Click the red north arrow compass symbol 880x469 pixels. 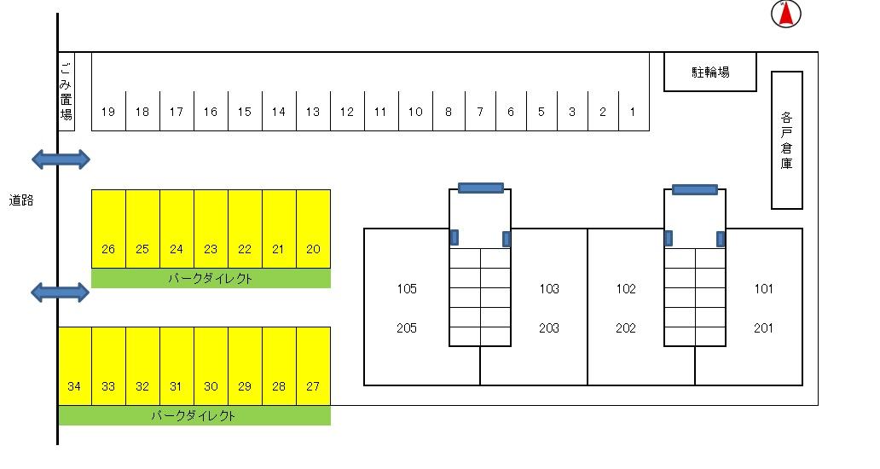pyautogui.click(x=786, y=14)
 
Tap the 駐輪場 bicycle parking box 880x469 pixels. pyautogui.click(x=709, y=72)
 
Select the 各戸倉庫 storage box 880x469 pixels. pyautogui.click(x=786, y=140)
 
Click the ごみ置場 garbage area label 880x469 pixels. pyautogui.click(x=67, y=91)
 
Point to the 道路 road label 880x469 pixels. pyautogui.click(x=21, y=201)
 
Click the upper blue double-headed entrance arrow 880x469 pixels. pyautogui.click(x=61, y=159)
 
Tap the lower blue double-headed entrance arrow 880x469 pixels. pyautogui.click(x=61, y=292)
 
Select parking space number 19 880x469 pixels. pyautogui.click(x=108, y=111)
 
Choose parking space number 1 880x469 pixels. pyautogui.click(x=633, y=111)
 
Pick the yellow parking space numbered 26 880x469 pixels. pyautogui.click(x=108, y=229)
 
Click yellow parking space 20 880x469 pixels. pyautogui.click(x=313, y=229)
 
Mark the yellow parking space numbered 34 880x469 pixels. pyautogui.click(x=74, y=366)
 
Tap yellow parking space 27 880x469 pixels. pyautogui.click(x=313, y=366)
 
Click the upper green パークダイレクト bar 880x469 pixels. pyautogui.click(x=211, y=279)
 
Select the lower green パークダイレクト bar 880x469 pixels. pyautogui.click(x=194, y=416)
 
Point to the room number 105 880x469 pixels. pyautogui.click(x=407, y=289)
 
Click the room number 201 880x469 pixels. pyautogui.click(x=763, y=328)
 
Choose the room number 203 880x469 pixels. pyautogui.click(x=549, y=328)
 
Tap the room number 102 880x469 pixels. pyautogui.click(x=626, y=289)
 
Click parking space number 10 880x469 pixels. pyautogui.click(x=415, y=111)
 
